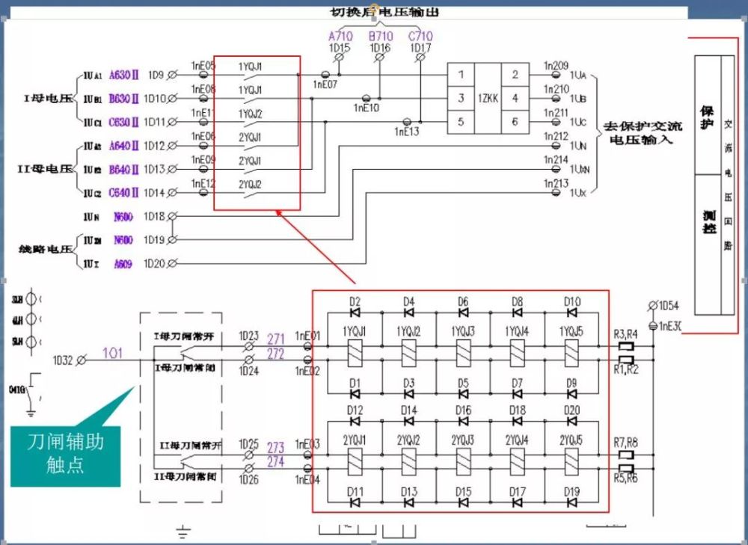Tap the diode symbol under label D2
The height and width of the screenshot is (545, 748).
pyautogui.click(x=355, y=312)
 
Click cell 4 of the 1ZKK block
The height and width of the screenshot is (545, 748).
pyautogui.click(x=515, y=98)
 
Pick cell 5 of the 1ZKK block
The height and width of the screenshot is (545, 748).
pyautogui.click(x=462, y=122)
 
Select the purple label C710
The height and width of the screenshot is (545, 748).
pyautogui.click(x=420, y=36)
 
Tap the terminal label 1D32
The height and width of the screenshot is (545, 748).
pyautogui.click(x=63, y=360)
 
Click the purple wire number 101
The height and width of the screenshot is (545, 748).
pyautogui.click(x=111, y=352)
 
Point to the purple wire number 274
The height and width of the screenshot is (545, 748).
pyautogui.click(x=275, y=462)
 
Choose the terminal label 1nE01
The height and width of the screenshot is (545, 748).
pyautogui.click(x=307, y=336)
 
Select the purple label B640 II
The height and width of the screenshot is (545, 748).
pyautogui.click(x=124, y=169)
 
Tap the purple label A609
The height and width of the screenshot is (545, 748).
pyautogui.click(x=122, y=263)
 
